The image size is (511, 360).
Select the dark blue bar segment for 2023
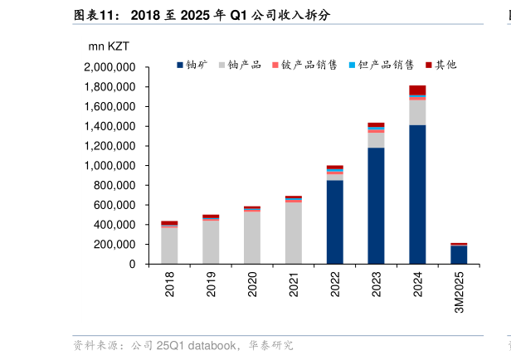376,206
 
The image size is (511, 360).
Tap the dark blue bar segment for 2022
334,221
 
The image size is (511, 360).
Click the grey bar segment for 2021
294,232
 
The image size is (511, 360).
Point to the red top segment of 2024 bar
417,90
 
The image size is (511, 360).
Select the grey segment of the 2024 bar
417,113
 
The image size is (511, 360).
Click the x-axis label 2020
253,285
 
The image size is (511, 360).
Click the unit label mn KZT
109,46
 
